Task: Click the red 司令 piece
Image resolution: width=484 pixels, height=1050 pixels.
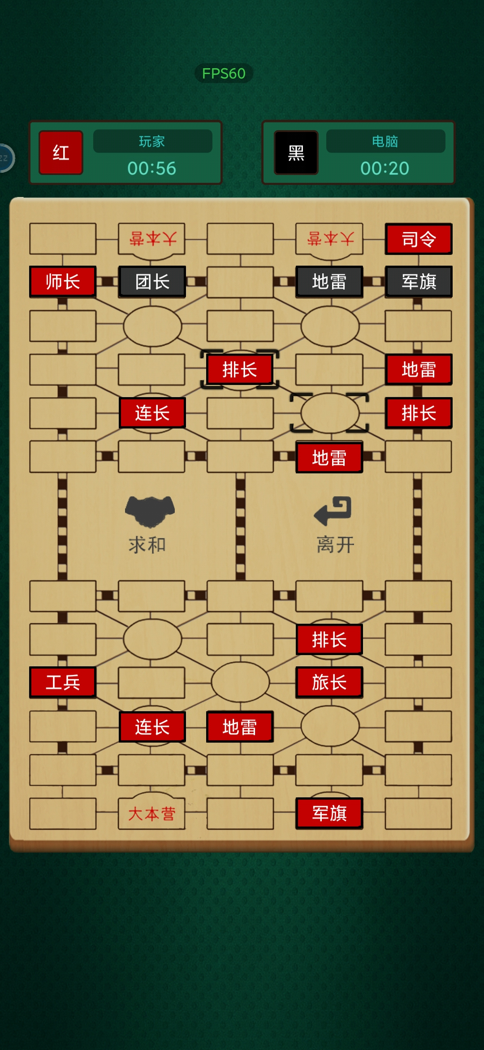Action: pyautogui.click(x=419, y=239)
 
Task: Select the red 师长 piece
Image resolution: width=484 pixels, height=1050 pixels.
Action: pyautogui.click(x=63, y=282)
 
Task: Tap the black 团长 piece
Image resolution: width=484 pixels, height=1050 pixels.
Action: pyautogui.click(x=152, y=282)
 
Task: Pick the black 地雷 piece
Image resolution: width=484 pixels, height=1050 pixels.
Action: pyautogui.click(x=329, y=282)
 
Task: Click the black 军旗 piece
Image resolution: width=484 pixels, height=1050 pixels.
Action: pyautogui.click(x=419, y=282)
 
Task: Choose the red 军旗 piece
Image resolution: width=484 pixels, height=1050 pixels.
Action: pyautogui.click(x=329, y=813)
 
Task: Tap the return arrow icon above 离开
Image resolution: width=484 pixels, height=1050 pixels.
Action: pyautogui.click(x=333, y=511)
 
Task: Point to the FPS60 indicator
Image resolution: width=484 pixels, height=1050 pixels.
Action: pyautogui.click(x=224, y=73)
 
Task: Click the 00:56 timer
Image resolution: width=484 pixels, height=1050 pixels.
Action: pyautogui.click(x=152, y=168)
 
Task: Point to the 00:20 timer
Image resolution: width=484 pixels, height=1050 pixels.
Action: pyautogui.click(x=385, y=168)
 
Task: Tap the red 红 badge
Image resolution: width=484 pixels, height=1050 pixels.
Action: pyautogui.click(x=61, y=153)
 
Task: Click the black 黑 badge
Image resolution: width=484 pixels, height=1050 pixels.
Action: pyautogui.click(x=296, y=153)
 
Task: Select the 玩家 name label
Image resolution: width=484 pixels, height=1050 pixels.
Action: pyautogui.click(x=152, y=141)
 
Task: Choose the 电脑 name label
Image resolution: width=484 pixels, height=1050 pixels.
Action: pyautogui.click(x=385, y=141)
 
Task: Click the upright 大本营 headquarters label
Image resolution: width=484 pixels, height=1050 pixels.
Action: pyautogui.click(x=152, y=814)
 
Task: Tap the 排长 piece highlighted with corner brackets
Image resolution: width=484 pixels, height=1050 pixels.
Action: pyautogui.click(x=240, y=370)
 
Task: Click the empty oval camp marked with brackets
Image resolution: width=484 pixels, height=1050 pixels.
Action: pyautogui.click(x=330, y=413)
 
